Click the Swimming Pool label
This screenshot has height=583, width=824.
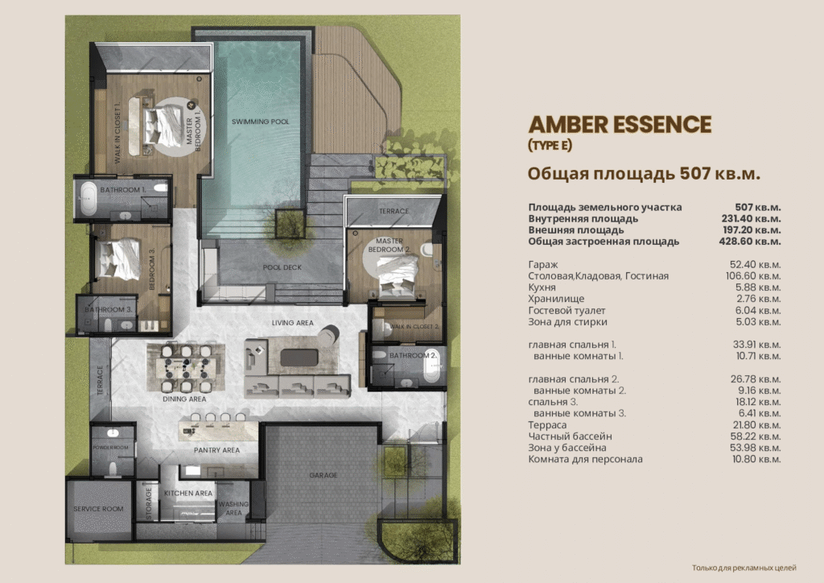[x=260, y=122]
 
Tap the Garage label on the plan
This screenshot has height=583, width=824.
[x=323, y=475]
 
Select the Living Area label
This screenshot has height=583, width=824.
[x=293, y=323]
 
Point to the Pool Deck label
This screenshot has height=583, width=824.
[x=282, y=267]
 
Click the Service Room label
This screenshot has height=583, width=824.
[x=98, y=509]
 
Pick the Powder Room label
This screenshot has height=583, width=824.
[x=110, y=448]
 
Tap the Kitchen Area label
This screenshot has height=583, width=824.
[x=188, y=493]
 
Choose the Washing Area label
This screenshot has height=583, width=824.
[x=234, y=508]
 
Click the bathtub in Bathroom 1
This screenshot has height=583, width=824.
[x=88, y=199]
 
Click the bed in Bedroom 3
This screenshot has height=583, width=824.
[x=120, y=258]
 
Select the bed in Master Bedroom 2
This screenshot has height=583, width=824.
[x=398, y=277]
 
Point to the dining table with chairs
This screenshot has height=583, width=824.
[x=186, y=367]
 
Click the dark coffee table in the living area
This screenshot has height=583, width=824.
[x=299, y=358]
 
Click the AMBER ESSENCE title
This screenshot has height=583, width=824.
[x=620, y=125]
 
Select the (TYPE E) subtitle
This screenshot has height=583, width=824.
[x=550, y=145]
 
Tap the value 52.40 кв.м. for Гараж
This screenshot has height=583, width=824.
[x=755, y=264]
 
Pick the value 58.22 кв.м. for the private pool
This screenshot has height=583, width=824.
[x=755, y=436]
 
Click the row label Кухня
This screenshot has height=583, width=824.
[x=542, y=287]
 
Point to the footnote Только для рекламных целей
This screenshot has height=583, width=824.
[x=744, y=568]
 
